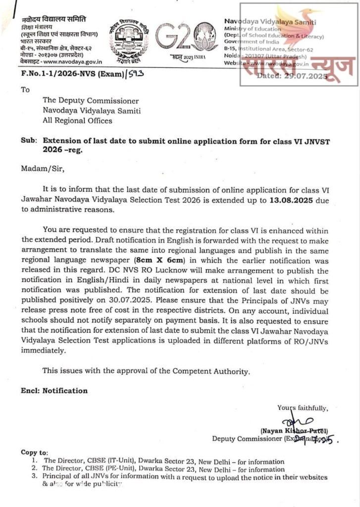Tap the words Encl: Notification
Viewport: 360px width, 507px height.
tap(54, 391)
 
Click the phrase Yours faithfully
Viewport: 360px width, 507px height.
tap(302, 408)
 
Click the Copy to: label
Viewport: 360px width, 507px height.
tap(34, 453)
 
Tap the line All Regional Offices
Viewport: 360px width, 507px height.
tap(77, 120)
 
